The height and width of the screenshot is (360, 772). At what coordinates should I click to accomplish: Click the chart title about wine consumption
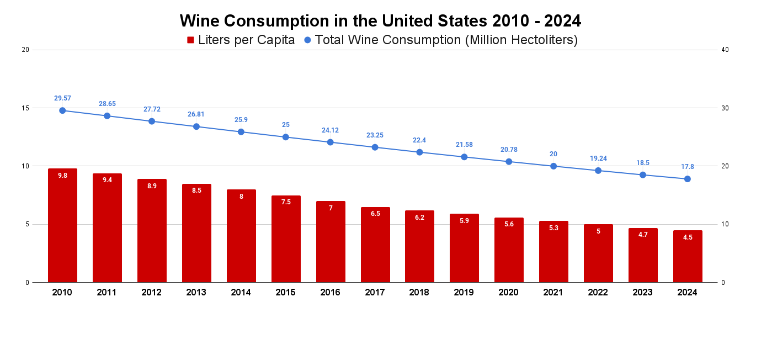pyautogui.click(x=380, y=21)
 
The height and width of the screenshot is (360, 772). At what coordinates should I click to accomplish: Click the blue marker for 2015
pyautogui.click(x=286, y=137)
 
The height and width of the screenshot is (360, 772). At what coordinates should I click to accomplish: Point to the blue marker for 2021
pyautogui.click(x=553, y=166)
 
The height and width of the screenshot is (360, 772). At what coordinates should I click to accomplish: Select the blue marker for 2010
pyautogui.click(x=62, y=110)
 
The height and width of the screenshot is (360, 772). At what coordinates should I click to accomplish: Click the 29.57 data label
pyautogui.click(x=62, y=98)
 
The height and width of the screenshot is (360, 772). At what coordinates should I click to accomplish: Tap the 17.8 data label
pyautogui.click(x=688, y=167)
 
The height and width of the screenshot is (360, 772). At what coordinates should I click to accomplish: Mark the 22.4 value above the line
pyautogui.click(x=419, y=140)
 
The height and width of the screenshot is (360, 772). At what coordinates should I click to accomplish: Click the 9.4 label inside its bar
pyautogui.click(x=107, y=180)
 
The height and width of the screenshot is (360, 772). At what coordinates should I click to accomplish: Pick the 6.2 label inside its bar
pyautogui.click(x=419, y=218)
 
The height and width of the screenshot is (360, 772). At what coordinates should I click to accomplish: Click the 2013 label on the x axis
pyautogui.click(x=196, y=293)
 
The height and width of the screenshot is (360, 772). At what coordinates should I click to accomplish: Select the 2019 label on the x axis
pyautogui.click(x=464, y=293)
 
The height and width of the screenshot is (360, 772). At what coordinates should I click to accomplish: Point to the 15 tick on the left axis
pyautogui.click(x=25, y=108)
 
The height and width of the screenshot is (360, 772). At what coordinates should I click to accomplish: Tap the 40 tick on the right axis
pyautogui.click(x=725, y=50)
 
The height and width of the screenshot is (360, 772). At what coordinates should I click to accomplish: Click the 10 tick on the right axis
pyautogui.click(x=725, y=224)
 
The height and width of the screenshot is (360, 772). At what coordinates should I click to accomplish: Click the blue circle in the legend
pyautogui.click(x=307, y=40)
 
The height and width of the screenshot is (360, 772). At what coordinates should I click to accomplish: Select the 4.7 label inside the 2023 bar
pyautogui.click(x=643, y=235)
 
